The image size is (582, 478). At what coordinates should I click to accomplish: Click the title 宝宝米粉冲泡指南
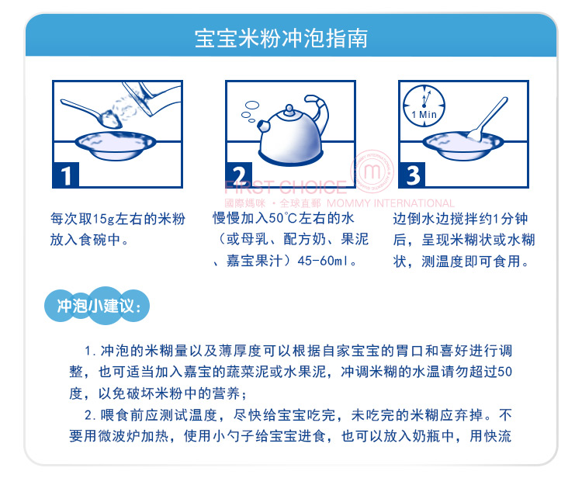pyautogui.click(x=282, y=38)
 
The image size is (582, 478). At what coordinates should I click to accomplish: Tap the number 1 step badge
pyautogui.click(x=66, y=175)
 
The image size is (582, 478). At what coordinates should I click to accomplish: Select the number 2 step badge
pyautogui.click(x=239, y=175)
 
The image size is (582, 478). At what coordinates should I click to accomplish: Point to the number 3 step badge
pyautogui.click(x=412, y=175)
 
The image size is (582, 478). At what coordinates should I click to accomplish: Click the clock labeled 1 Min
pyautogui.click(x=424, y=106)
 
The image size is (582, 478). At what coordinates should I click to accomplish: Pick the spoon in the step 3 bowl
pyautogui.click(x=487, y=119)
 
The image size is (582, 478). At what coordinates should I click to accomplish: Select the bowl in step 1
pyautogui.click(x=116, y=145)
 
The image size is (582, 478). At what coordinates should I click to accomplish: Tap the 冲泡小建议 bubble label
pyautogui.click(x=97, y=306)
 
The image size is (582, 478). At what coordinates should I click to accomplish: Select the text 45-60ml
pyautogui.click(x=323, y=261)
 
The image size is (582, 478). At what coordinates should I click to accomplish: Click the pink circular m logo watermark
pyautogui.click(x=372, y=171)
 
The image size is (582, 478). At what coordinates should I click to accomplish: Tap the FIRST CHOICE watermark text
pyautogui.click(x=286, y=187)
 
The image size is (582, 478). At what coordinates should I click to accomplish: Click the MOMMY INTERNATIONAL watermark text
pyautogui.click(x=390, y=203)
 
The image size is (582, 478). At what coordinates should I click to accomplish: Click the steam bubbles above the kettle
pyautogui.click(x=250, y=111)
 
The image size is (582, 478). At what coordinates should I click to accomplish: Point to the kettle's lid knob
pyautogui.click(x=289, y=109)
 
